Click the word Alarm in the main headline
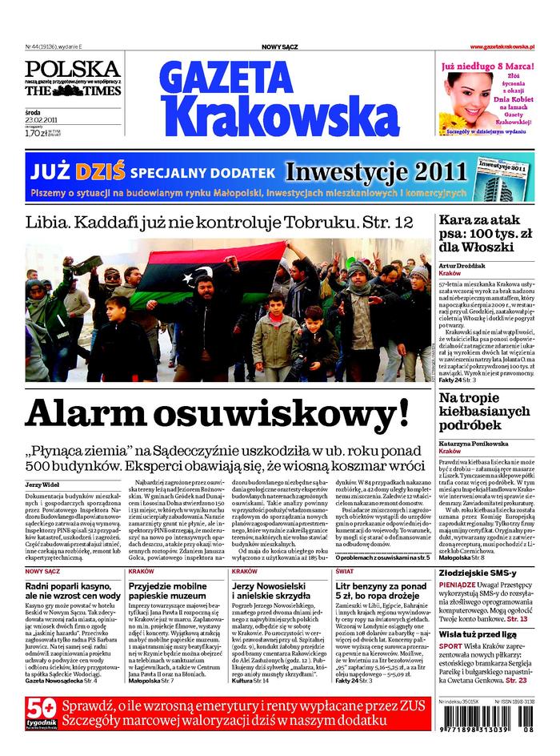pos(95,414)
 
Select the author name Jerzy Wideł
pos(42,485)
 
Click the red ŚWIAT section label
pos(345,571)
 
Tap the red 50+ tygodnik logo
pos(40,718)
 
